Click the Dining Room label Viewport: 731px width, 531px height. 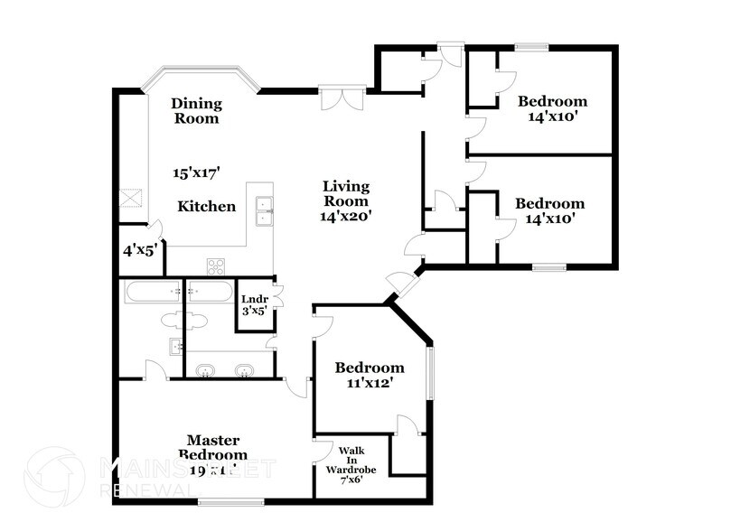(196, 110)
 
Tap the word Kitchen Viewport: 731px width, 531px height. (206, 207)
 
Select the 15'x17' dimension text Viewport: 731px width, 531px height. (196, 171)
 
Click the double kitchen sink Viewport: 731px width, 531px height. (264, 210)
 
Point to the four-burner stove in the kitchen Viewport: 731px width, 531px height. (217, 265)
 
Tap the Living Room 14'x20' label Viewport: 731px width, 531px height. (347, 201)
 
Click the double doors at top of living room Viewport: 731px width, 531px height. (342, 96)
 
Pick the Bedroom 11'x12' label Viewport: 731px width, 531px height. (369, 375)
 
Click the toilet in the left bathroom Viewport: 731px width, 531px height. (172, 319)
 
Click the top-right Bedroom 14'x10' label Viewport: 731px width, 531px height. (553, 108)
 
